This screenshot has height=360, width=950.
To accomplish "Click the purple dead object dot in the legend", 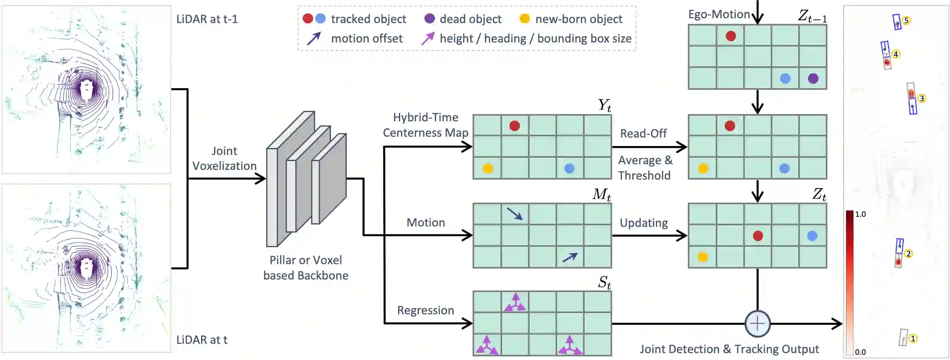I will coord(429,19).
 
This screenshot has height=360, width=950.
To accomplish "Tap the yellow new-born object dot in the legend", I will coord(524,19).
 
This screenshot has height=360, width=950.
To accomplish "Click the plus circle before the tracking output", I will coord(757,324).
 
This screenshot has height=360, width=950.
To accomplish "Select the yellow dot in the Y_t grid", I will coord(488,168).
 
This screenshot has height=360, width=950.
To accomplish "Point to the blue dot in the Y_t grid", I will coord(569,168).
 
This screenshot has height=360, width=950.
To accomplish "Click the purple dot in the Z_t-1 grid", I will coord(813,78).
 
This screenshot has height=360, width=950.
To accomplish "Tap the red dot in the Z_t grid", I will coord(758,236).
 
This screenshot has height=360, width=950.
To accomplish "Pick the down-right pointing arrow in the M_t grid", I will coord(515,214).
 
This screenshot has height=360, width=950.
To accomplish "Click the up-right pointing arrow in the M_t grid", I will coord(570,257).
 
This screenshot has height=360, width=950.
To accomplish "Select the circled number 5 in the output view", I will coord(906,21).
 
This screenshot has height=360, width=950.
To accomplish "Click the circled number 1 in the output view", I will coord(913,338).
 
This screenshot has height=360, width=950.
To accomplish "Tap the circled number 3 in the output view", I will coord(922,98).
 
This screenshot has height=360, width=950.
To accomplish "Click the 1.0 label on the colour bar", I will coord(860,214).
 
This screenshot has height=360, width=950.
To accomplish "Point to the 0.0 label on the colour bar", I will coord(860,352).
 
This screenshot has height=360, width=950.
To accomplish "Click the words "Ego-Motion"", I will coord(719,15).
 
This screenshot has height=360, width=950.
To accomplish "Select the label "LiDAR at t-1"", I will coord(207,19).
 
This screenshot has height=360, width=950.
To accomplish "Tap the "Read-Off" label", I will coord(643,133).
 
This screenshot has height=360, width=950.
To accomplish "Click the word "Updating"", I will coord(644,223).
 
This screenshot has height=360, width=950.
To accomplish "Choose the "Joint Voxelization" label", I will coord(225,158).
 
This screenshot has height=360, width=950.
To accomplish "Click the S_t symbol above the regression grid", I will coord(604,282).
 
